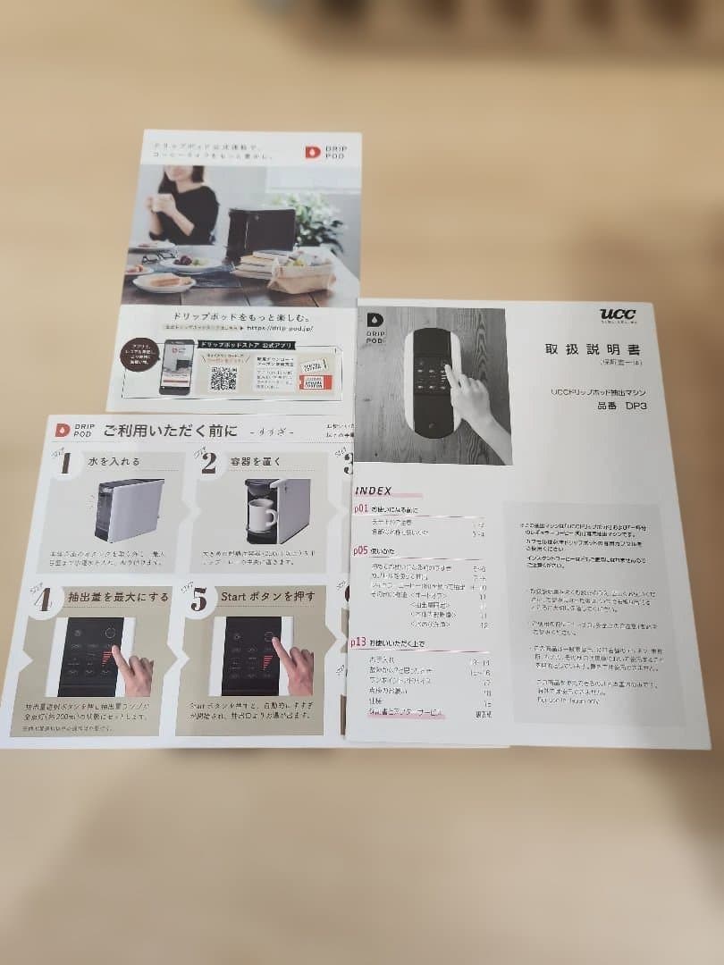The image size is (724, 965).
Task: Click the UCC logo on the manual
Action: [618, 314]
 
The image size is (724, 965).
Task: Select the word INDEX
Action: [375, 491]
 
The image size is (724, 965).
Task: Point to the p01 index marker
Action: [361, 509]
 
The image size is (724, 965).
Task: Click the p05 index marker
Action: [361, 550]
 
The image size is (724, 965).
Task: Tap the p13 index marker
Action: [359, 642]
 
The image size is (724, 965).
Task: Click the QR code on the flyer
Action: [223, 377]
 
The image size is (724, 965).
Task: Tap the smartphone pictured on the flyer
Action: [176, 365]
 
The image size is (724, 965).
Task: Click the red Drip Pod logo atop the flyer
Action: [313, 153]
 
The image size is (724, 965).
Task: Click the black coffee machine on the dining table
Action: [259, 231]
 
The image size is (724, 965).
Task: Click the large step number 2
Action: [208, 462]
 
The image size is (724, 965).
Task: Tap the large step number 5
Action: [198, 600]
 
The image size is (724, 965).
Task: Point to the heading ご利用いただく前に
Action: [171, 431]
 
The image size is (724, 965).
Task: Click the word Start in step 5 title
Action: [234, 597]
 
